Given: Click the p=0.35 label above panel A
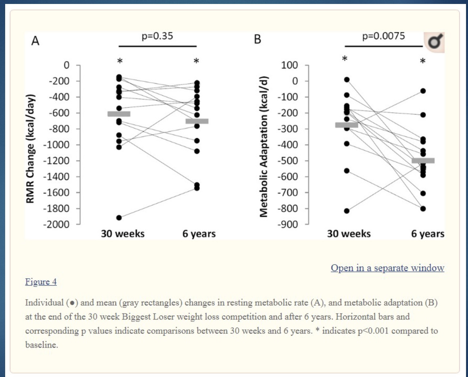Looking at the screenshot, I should (x=157, y=37).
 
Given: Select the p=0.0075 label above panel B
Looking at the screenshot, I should (x=384, y=37).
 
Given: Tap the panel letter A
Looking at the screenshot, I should (x=35, y=41).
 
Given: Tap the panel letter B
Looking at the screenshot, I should (x=257, y=41).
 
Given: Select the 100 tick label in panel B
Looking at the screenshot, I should (x=289, y=65).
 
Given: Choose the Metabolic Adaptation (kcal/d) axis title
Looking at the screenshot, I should (x=262, y=144).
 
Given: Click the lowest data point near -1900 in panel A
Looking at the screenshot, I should (x=119, y=217).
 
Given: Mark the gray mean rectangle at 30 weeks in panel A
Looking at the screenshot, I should (x=119, y=114).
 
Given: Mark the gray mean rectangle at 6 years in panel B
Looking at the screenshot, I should (x=423, y=161).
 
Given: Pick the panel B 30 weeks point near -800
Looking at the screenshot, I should (x=347, y=211).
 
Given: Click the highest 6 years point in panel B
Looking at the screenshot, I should (x=423, y=91).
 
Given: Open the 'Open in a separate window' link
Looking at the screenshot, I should (x=387, y=268).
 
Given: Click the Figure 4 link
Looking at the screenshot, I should (x=41, y=282).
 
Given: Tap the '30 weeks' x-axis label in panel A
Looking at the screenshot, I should (x=123, y=234).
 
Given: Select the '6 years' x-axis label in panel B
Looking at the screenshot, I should (x=428, y=234).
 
